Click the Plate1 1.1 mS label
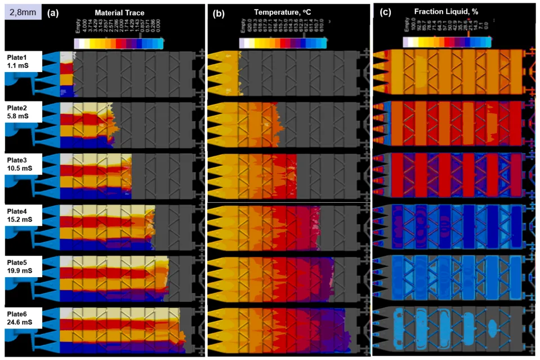tap(22, 61)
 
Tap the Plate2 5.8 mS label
tap(22, 112)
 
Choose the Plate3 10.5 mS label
tap(22, 164)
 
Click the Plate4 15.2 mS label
tap(22, 216)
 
